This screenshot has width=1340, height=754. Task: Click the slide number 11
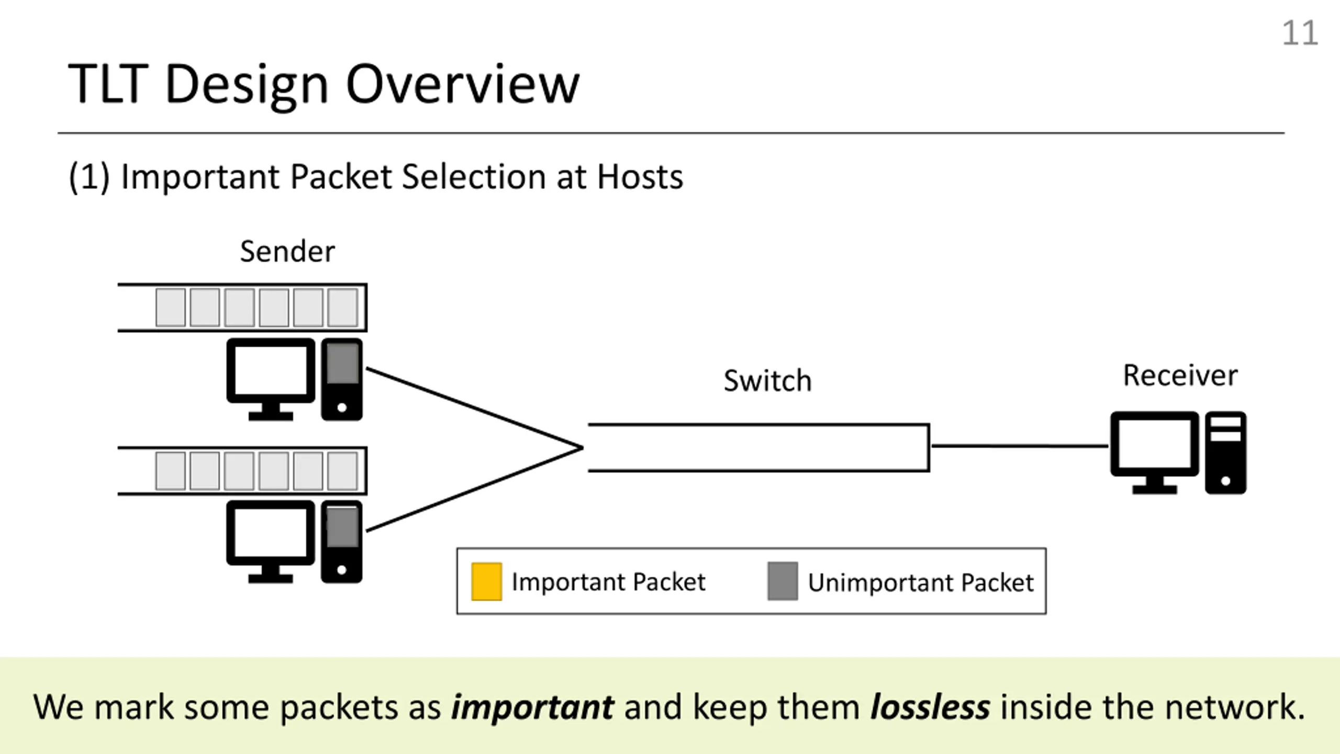1300,34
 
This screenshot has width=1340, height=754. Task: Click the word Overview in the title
462,84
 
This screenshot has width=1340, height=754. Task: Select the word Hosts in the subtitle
640,176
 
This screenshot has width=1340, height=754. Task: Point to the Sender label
287,251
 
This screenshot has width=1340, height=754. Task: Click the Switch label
767,381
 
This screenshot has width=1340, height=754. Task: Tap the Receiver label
1180,375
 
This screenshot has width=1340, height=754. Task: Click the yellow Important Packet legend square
486,581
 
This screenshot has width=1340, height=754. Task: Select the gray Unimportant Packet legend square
783,581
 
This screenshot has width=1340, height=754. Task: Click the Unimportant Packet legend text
921,582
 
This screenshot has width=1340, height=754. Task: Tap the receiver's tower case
1225,452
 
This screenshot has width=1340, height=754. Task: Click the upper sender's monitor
271,379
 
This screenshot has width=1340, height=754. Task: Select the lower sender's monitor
271,541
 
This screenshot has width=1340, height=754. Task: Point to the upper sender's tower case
342,379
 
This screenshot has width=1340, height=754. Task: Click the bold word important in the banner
532,707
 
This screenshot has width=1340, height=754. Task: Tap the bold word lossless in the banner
930,707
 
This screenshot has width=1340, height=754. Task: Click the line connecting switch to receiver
1020,446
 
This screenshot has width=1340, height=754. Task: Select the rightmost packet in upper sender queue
343,307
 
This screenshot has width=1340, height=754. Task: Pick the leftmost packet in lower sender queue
171,471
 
